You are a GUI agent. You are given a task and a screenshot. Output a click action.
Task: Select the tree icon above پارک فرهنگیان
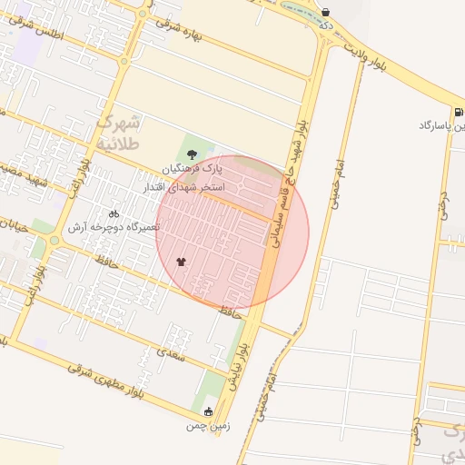(191, 153)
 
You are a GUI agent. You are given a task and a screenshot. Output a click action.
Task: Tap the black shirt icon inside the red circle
(181, 262)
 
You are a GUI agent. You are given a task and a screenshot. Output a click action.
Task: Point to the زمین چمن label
(209, 425)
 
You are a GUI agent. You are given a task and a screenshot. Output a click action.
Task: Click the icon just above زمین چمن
(209, 411)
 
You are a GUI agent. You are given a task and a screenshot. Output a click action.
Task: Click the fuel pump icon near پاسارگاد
(456, 110)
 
